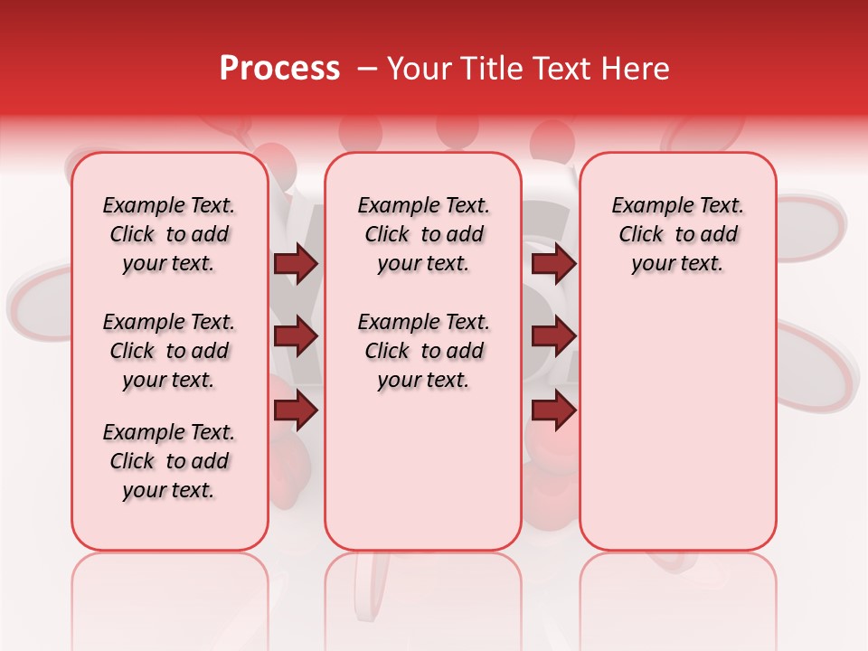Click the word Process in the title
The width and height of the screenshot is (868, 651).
278,69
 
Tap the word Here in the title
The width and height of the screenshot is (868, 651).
637,69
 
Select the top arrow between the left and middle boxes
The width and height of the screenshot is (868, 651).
296,264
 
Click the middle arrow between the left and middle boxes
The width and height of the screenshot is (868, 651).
296,337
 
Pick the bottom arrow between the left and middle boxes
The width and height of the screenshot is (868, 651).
296,410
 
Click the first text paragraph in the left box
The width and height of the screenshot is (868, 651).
169,234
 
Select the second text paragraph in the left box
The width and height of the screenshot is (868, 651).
169,351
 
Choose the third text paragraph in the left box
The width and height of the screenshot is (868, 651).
169,461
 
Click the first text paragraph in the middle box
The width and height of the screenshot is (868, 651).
423,234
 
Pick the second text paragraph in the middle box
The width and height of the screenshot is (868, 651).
423,351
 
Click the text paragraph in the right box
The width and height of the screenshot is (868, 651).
677,234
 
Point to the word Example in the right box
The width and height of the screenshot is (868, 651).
645,206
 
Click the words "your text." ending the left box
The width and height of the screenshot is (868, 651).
169,490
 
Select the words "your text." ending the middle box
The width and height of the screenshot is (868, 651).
423,380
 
